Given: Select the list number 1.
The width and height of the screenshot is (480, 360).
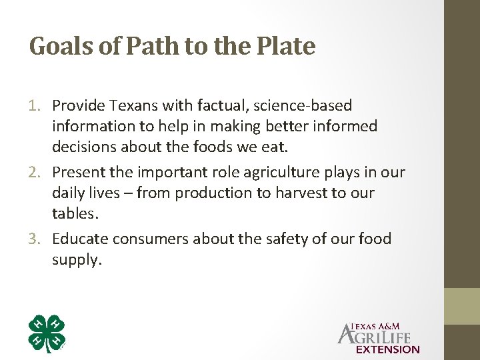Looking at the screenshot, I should tap(36, 105).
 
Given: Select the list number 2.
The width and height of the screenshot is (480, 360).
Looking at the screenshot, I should tap(36, 173).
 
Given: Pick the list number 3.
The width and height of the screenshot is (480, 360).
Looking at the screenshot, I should tap(36, 239).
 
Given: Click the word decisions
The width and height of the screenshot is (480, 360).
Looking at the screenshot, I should tap(84, 147).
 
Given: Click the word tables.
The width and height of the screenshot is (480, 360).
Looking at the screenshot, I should tap(75, 213).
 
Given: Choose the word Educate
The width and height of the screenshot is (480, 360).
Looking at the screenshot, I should tap(80, 239).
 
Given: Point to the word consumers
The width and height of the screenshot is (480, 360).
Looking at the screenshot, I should tap(151, 239).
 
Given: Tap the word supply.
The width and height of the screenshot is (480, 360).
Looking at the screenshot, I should tap(76, 260).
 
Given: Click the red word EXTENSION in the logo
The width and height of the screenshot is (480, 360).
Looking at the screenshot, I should tap(388, 349).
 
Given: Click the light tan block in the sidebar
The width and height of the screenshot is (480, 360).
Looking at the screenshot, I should tap(462, 306).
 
